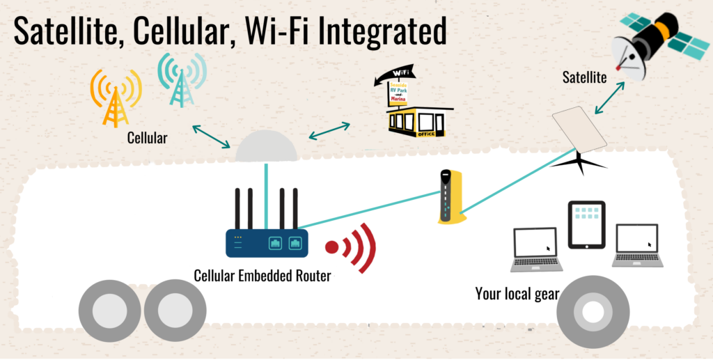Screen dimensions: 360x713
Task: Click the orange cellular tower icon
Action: coord(116,98)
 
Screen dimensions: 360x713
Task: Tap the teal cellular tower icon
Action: coord(182,79)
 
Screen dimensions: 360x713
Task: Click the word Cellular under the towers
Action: coord(147,138)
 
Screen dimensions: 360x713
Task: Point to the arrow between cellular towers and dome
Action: coord(211,136)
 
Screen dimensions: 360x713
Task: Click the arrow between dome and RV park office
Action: coord(329,130)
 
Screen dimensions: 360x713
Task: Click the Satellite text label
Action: coord(584,77)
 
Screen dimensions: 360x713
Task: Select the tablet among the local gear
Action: coord(586,224)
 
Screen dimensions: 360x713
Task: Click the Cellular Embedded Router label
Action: coord(263,275)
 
